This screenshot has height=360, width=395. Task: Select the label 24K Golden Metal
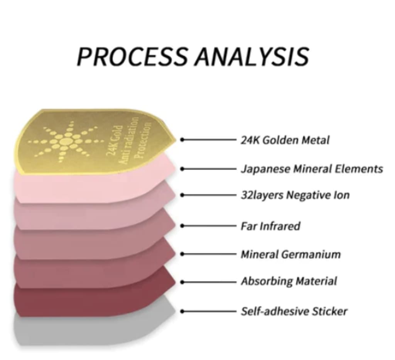coord(285,140)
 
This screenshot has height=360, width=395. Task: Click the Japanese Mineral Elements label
coord(312,169)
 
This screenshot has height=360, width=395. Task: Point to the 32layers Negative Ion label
coord(295,195)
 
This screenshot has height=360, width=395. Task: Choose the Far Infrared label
coord(270,226)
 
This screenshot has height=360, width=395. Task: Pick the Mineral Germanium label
coord(290,254)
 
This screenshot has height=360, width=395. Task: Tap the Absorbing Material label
coord(289,281)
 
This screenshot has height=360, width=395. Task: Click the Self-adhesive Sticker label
coord(294,311)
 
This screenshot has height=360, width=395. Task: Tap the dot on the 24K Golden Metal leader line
coord(182,140)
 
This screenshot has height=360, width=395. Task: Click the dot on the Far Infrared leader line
coord(182,226)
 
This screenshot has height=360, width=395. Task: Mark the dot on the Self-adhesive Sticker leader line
coord(182,311)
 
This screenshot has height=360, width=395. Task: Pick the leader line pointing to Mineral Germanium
coord(210,254)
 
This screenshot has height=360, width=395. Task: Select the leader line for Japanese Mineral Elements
coord(210,169)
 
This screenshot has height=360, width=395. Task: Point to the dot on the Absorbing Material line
coord(182,282)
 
